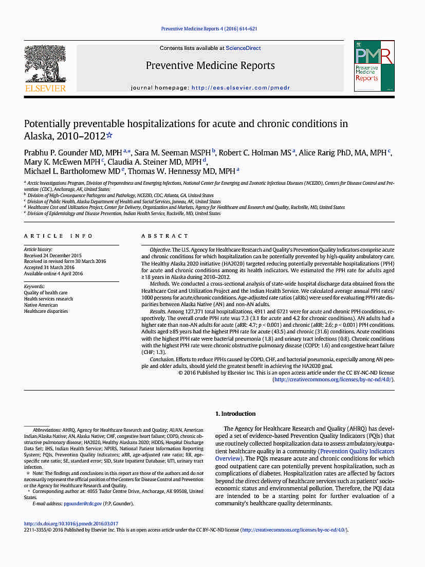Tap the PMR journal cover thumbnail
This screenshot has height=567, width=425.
click(374, 66)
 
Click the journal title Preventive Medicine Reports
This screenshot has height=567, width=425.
click(210, 65)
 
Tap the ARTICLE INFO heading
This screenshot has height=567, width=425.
click(59, 236)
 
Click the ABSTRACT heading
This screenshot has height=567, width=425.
click(165, 236)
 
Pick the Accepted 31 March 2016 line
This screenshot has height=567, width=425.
click(50, 268)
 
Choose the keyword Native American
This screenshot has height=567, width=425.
click(41, 305)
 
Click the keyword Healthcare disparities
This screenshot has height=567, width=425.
click(46, 311)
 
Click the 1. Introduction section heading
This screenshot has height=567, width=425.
click(235, 414)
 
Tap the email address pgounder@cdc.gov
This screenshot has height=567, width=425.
click(71, 503)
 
